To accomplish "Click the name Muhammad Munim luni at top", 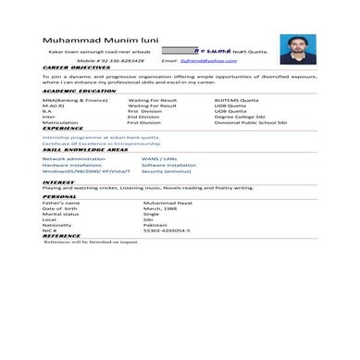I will pyautogui.click(x=93, y=40).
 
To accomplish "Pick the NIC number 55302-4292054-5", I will pyautogui.click(x=167, y=230).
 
